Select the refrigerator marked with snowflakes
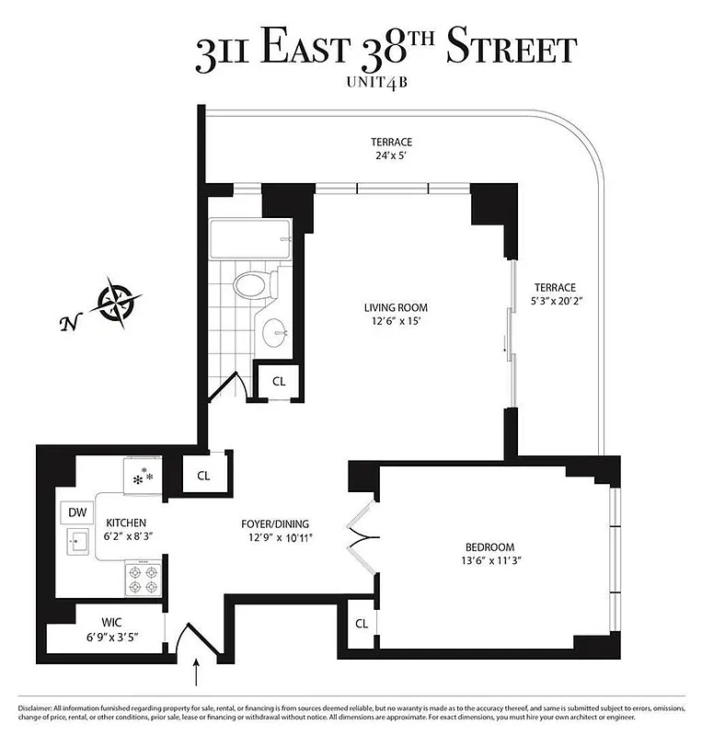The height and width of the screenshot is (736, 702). pyautogui.click(x=144, y=477)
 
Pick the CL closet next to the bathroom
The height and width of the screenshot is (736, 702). pyautogui.click(x=279, y=379)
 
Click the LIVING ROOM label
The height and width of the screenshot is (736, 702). pyautogui.click(x=396, y=308)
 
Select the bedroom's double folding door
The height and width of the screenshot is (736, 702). pyautogui.click(x=362, y=538)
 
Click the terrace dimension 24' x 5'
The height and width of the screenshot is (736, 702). pyautogui.click(x=391, y=155)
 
